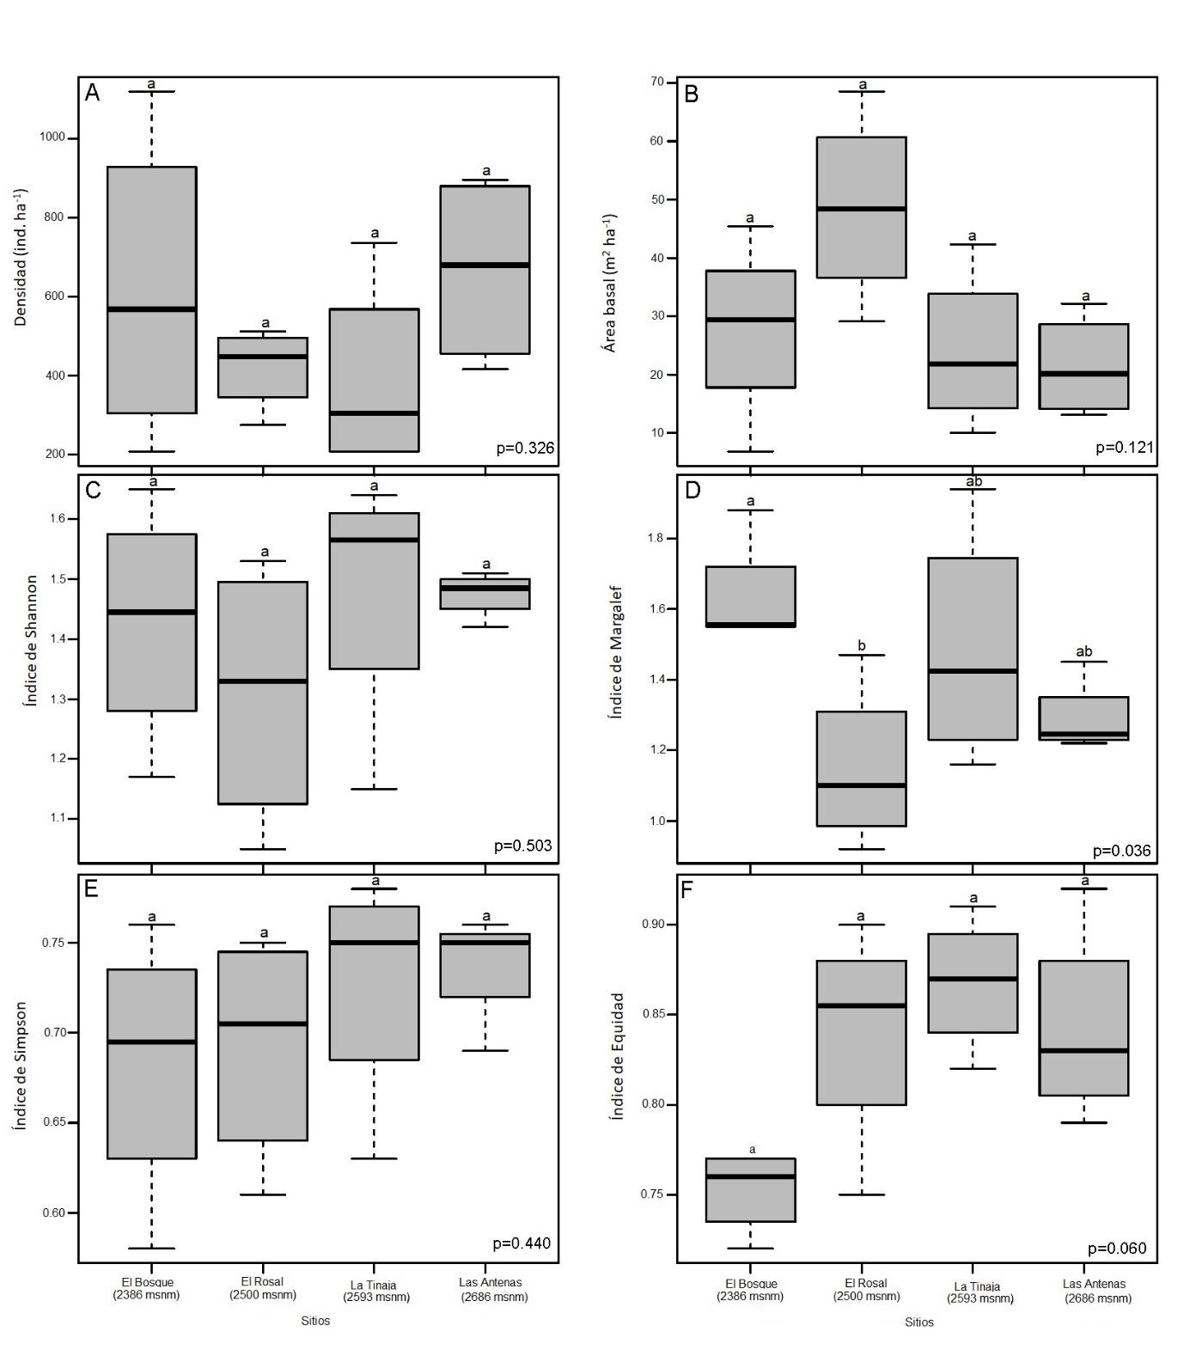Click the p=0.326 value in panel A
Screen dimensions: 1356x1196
525,448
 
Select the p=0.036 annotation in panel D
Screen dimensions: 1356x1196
1121,851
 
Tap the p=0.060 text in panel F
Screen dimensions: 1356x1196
1116,1249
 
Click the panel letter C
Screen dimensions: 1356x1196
93,491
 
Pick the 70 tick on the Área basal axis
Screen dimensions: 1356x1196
657,82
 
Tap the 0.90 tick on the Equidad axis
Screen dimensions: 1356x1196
654,925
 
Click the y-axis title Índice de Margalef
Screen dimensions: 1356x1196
615,651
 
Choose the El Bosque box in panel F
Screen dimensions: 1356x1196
750,1190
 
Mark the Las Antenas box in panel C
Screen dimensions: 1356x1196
485,594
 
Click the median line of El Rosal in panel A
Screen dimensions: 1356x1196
263,357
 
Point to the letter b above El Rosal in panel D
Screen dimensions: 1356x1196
862,646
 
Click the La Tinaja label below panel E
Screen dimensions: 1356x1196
375,1291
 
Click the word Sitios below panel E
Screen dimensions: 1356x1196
315,1321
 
